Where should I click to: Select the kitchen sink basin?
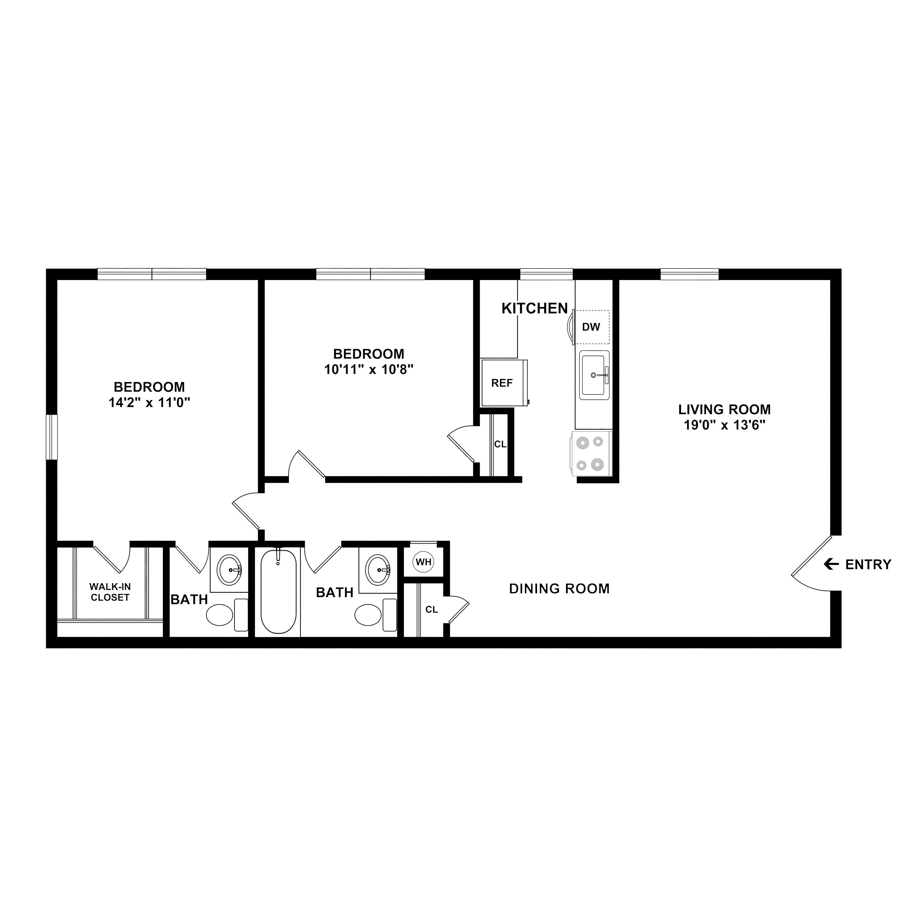coord(594,375)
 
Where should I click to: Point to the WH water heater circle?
coord(423,562)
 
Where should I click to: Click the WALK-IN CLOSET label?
coord(110,592)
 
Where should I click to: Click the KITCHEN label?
coord(534,308)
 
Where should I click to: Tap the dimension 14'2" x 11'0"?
coord(149,403)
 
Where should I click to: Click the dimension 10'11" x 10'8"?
coord(369,369)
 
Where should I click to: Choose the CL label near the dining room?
coord(431,609)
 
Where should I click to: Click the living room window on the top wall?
coord(689,274)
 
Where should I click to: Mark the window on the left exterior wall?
coord(51,437)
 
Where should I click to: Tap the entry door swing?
coord(812,565)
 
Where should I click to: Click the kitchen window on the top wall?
coord(546,274)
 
